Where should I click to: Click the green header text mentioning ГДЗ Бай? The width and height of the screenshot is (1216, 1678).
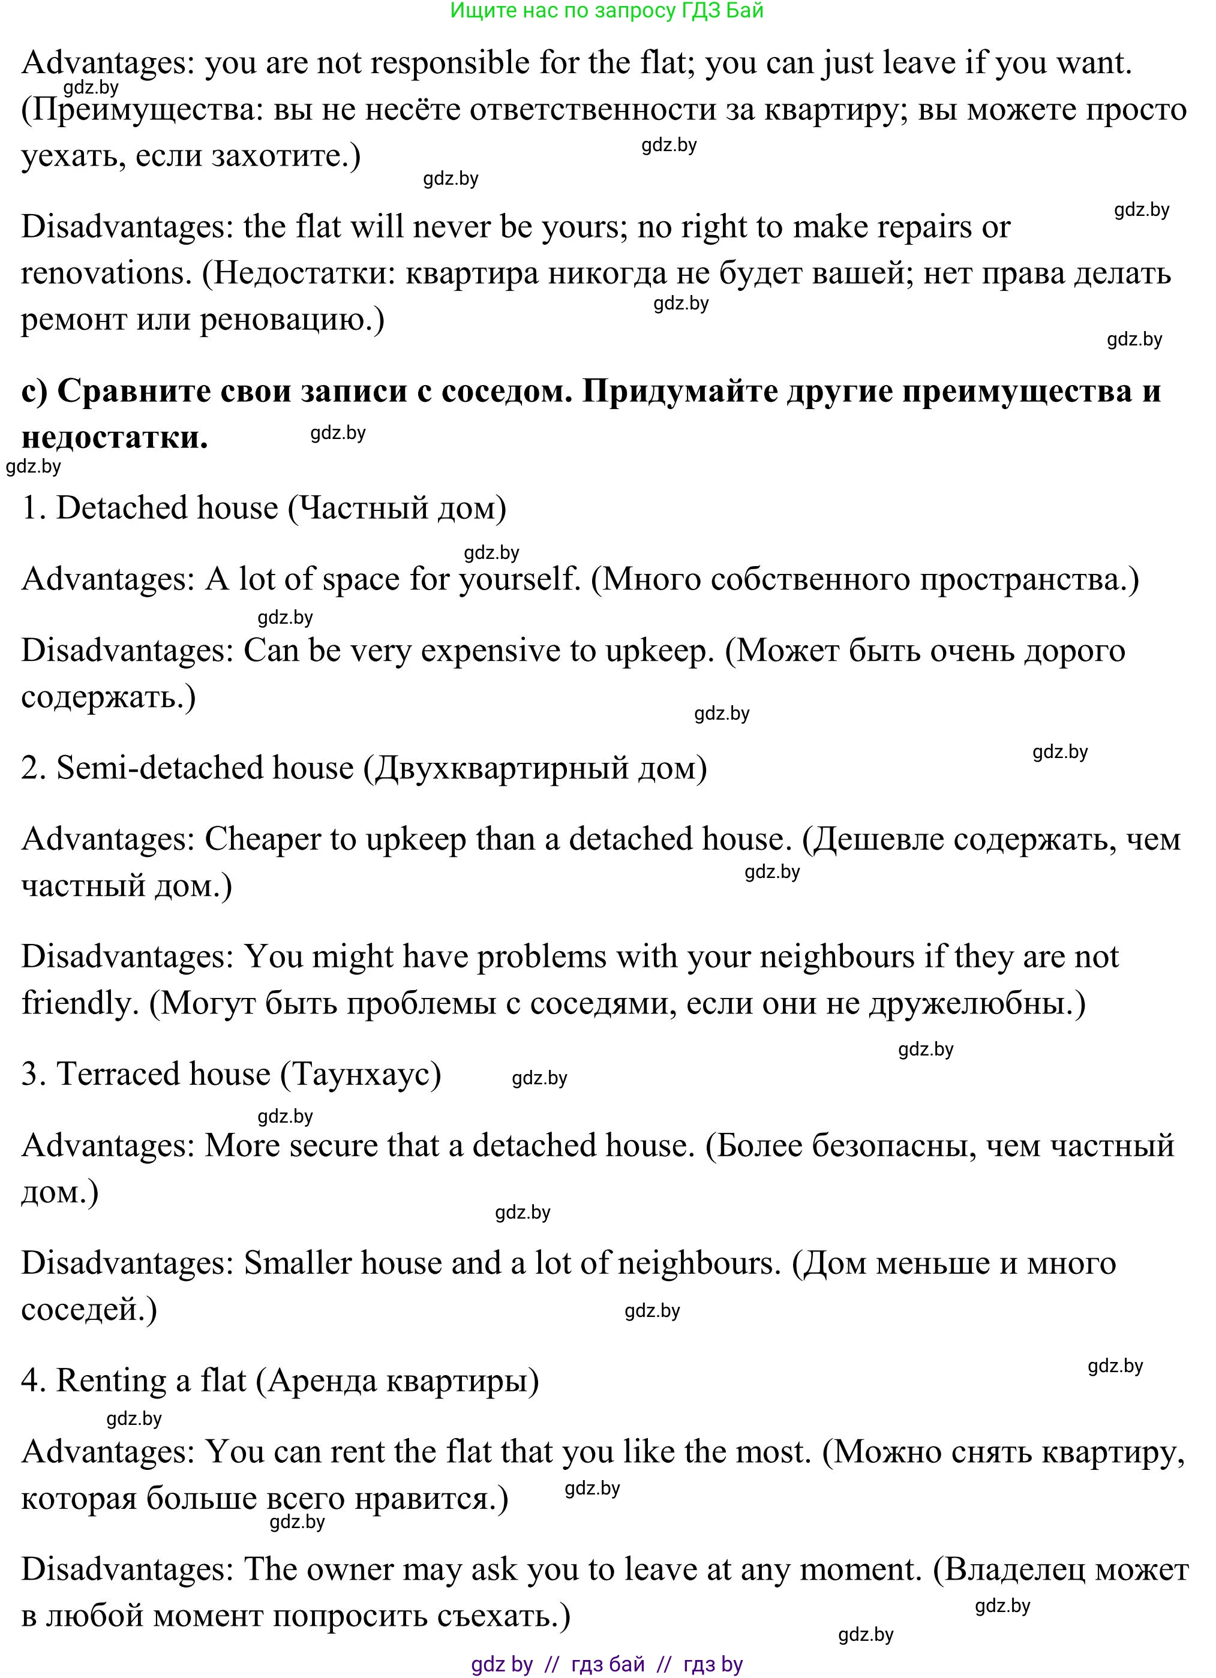(x=607, y=11)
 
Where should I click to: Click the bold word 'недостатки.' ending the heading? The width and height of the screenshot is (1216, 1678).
(x=115, y=438)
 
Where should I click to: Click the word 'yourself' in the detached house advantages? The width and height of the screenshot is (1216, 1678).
(x=518, y=579)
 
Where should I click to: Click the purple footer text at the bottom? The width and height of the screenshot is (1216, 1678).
(x=607, y=1664)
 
